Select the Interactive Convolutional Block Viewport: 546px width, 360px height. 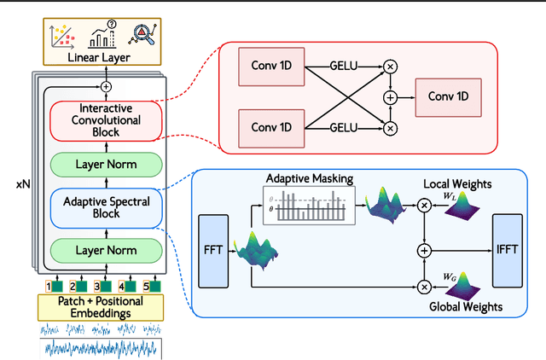pyautogui.click(x=106, y=120)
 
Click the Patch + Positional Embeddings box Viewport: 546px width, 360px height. pyautogui.click(x=101, y=307)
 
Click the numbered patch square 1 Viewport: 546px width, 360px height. pyautogui.click(x=49, y=287)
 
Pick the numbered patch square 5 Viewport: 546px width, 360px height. pyautogui.click(x=146, y=287)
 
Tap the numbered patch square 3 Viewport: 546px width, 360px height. pyautogui.click(x=97, y=287)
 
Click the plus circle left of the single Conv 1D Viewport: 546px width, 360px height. pyautogui.click(x=391, y=96)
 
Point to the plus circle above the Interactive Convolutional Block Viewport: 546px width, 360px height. pyautogui.click(x=106, y=86)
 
